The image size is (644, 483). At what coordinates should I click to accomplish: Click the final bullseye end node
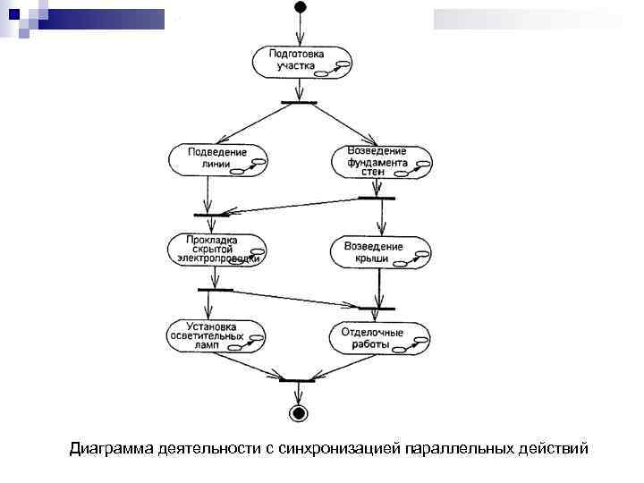click(x=297, y=412)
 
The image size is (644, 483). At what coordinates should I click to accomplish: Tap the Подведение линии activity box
click(x=218, y=158)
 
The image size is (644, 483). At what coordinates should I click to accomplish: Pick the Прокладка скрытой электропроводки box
click(x=217, y=250)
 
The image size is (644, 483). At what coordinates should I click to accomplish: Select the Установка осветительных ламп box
click(x=216, y=335)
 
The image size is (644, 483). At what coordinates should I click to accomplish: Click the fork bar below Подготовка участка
click(x=300, y=102)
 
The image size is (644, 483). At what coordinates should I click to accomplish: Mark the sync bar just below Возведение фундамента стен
click(x=377, y=197)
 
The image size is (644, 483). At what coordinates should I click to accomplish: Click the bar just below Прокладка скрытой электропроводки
click(x=216, y=290)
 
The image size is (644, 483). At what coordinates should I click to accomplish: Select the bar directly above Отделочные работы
click(x=377, y=309)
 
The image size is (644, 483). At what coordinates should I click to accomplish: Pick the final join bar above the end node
click(x=297, y=380)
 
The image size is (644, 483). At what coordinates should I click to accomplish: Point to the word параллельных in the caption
click(x=459, y=447)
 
